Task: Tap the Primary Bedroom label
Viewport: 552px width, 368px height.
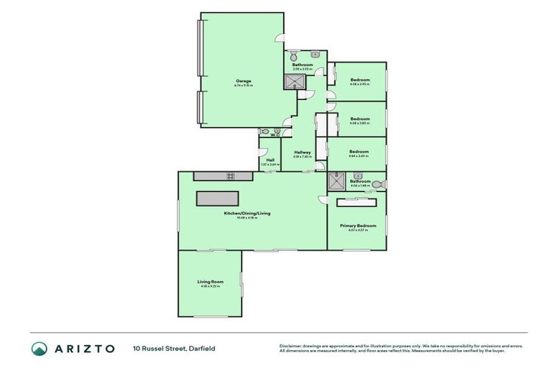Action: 358,226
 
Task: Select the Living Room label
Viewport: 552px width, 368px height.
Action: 211,282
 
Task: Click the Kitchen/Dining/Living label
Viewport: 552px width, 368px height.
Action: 247,213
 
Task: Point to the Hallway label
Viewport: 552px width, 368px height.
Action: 302,152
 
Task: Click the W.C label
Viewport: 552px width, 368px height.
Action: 275,134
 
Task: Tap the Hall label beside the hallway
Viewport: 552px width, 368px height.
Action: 270,160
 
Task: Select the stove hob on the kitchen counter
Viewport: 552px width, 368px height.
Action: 231,175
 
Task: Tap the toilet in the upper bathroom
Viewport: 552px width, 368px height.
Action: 295,55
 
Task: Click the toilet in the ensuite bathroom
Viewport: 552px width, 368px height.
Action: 379,185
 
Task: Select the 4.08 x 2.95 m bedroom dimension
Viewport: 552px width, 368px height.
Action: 359,84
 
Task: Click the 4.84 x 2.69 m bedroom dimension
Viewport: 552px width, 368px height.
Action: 359,156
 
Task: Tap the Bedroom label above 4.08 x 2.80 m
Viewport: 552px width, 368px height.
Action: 360,119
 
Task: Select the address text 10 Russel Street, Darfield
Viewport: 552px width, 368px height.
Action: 174,349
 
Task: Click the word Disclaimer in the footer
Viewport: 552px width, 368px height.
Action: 292,346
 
